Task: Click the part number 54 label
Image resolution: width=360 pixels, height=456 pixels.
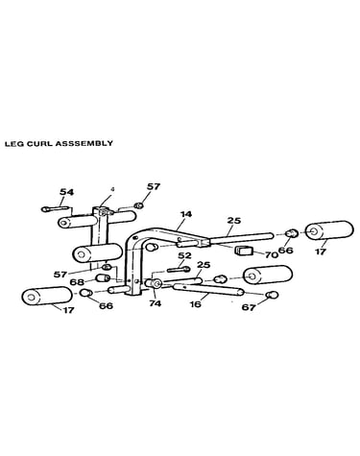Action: [x=66, y=192]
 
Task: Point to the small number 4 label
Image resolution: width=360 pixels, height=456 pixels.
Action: [x=112, y=189]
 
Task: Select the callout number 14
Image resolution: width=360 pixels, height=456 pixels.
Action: [x=185, y=214]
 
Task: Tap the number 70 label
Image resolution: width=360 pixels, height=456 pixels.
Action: [x=272, y=255]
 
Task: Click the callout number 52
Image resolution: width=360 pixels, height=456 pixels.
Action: [x=184, y=255]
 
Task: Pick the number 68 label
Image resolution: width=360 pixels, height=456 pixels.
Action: [x=78, y=282]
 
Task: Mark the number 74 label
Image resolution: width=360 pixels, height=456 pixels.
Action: [x=156, y=303]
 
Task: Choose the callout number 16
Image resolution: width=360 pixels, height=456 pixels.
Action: [x=196, y=303]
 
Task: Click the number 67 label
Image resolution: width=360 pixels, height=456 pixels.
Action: [x=249, y=307]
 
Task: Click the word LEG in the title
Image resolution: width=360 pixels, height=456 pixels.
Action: [x=13, y=143]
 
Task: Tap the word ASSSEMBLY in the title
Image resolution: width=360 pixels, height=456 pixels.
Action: [x=84, y=143]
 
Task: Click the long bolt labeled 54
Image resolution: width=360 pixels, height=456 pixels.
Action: [x=55, y=209]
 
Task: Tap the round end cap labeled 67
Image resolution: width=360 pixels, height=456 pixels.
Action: [x=272, y=294]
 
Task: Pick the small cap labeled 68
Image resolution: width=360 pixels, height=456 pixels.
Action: [x=104, y=277]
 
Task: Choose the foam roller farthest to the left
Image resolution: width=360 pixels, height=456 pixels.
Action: [x=47, y=296]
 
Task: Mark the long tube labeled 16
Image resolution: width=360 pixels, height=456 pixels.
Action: [x=208, y=290]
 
